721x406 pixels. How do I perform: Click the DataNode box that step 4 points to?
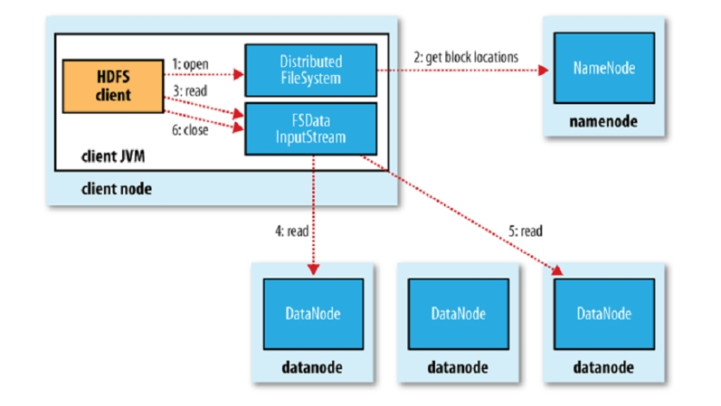(313, 314)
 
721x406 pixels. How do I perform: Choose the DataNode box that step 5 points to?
(603, 314)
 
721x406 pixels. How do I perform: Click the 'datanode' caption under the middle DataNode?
(459, 367)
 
